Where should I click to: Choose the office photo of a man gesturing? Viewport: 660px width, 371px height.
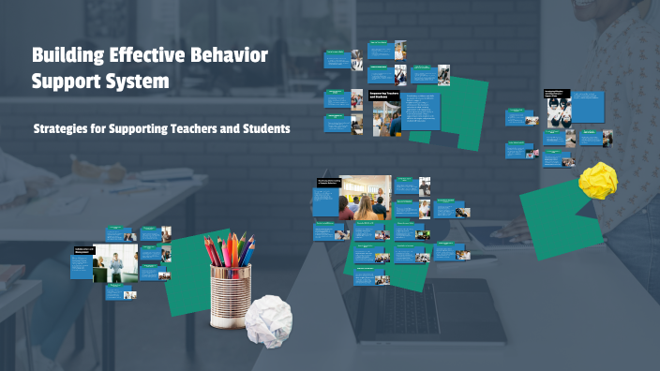pyautogui.click(x=116, y=266)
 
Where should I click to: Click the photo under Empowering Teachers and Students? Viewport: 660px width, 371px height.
pyautogui.click(x=387, y=118)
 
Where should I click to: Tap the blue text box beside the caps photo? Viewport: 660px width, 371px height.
pyautogui.click(x=587, y=106)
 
